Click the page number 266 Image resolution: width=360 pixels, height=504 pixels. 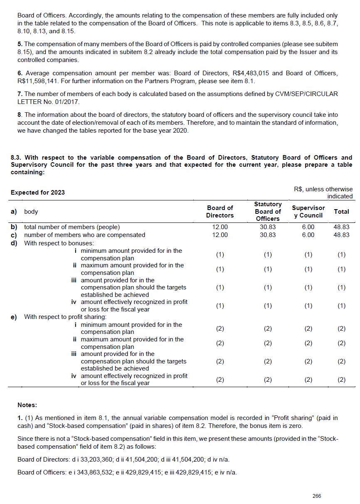pos(317,496)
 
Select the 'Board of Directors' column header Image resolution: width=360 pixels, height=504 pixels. pos(220,211)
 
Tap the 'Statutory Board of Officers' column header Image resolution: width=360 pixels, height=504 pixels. pos(268,211)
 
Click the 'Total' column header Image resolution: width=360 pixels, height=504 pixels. pos(341,211)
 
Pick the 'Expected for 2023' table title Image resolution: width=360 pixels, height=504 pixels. pos(38,193)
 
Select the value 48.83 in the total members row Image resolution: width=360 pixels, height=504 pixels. pos(341,227)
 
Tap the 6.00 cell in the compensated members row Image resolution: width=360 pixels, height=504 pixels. pos(308,235)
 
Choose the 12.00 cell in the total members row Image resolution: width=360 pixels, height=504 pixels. pos(220,227)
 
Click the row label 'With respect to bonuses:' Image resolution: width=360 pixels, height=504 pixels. pos(59,243)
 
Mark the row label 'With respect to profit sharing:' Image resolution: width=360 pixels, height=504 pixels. pos(65,317)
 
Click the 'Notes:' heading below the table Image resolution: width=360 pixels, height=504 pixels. pos(27,405)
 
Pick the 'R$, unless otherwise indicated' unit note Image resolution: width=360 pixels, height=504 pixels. pos(323,193)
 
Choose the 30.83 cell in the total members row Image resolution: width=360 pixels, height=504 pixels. pos(268,227)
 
